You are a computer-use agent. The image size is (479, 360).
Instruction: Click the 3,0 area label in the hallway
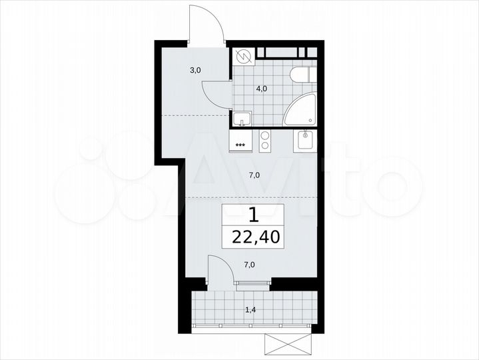(x=195, y=69)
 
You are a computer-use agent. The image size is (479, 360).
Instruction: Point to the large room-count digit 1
(x=252, y=215)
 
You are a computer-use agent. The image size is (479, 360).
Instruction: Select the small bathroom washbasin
(x=242, y=119)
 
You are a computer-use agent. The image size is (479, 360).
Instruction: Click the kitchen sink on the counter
(x=306, y=140)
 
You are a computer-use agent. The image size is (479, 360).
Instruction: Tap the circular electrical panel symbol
(x=243, y=57)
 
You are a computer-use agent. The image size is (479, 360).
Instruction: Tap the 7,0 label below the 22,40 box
(x=249, y=265)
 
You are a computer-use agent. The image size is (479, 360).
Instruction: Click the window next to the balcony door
(x=253, y=283)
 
